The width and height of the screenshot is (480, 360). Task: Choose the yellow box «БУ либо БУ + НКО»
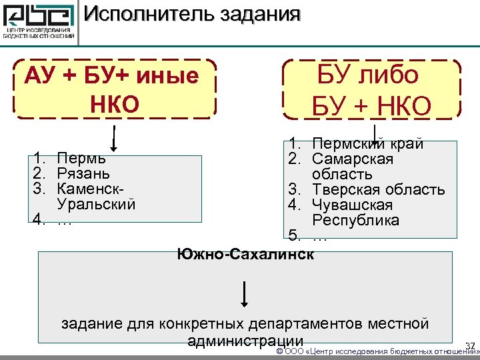371,89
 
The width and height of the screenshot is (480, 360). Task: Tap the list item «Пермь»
81,159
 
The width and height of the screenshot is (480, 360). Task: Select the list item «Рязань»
84,175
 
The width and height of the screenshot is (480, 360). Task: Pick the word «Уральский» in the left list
97,205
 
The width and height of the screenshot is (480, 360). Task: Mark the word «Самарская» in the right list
353,160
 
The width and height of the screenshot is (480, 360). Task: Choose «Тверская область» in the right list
378,190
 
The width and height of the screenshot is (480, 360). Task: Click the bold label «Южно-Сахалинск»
245,253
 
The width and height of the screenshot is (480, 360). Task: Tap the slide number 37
470,345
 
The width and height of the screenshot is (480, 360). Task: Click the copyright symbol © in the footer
279,351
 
